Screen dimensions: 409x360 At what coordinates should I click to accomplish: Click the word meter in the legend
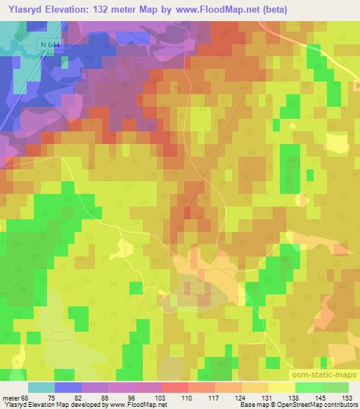click(x=11, y=397)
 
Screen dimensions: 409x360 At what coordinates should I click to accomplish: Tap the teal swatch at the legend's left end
click(x=41, y=387)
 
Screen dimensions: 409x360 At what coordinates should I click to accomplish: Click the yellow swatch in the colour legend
click(x=281, y=387)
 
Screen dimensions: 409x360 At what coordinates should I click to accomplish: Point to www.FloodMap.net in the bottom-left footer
click(x=136, y=405)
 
